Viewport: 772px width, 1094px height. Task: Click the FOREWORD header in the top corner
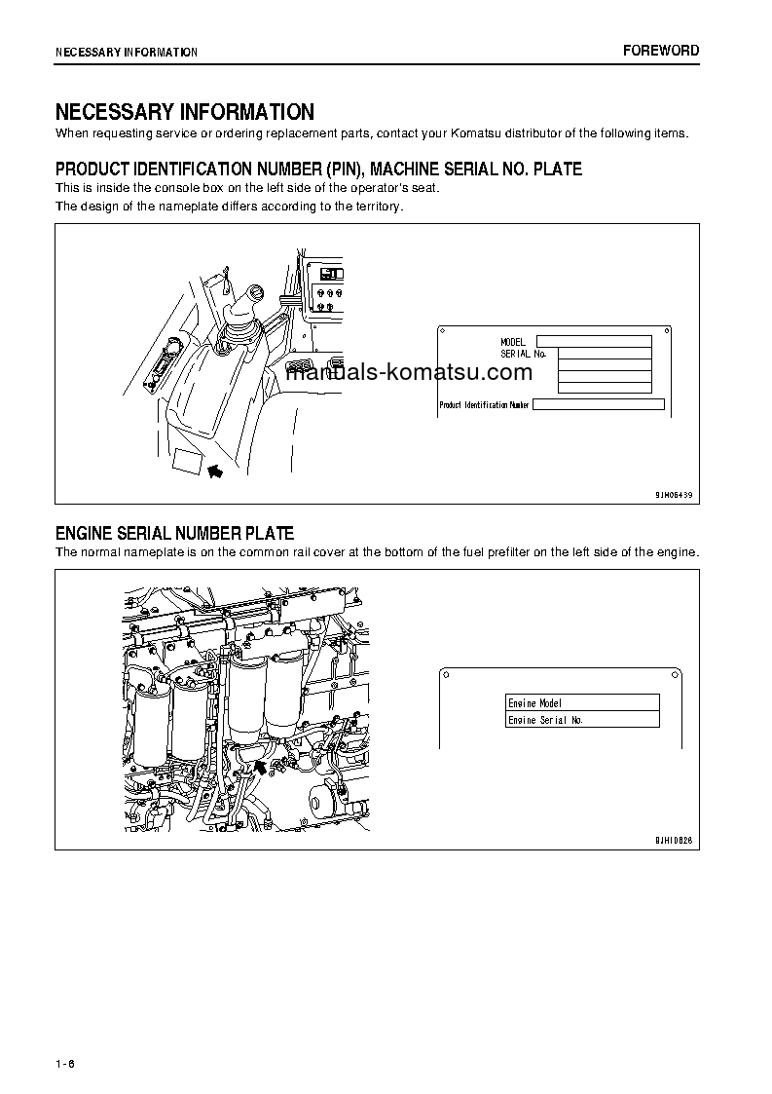click(x=661, y=51)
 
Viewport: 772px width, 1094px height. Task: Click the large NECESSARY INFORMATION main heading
click(x=184, y=112)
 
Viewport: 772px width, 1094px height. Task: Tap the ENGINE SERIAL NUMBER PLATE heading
click(x=174, y=533)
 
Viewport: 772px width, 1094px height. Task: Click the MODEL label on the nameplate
click(x=513, y=342)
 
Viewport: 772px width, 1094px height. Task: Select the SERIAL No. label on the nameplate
click(x=523, y=354)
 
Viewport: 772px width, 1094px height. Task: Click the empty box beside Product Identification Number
click(x=598, y=404)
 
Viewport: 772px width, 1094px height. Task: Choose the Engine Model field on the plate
click(x=582, y=702)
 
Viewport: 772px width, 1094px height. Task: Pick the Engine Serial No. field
click(x=582, y=720)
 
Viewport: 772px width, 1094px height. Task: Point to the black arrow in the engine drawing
click(x=260, y=770)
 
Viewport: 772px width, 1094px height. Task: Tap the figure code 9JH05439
click(x=673, y=495)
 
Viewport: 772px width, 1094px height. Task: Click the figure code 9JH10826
click(x=673, y=840)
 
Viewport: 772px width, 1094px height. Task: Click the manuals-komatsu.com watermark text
click(x=409, y=372)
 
